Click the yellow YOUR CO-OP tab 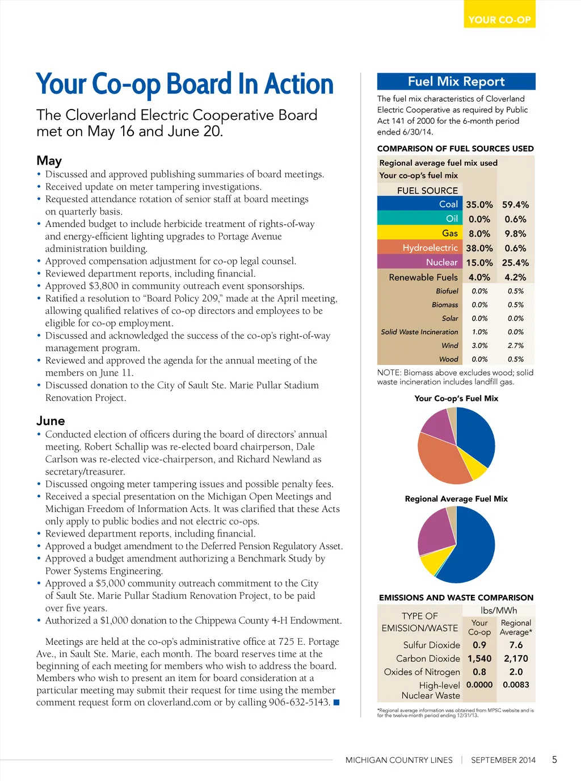(x=499, y=19)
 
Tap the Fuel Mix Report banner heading (x=456, y=81)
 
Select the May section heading (x=49, y=161)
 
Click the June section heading (x=50, y=421)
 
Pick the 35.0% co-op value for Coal (x=479, y=204)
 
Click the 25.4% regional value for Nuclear (x=515, y=262)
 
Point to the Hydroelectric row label (x=430, y=248)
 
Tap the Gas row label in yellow (x=450, y=233)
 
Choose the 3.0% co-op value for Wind (x=479, y=345)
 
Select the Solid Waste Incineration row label (x=419, y=331)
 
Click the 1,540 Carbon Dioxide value (x=479, y=658)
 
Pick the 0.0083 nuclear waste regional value (x=516, y=685)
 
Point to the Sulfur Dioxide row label (x=431, y=645)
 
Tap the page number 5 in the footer (x=554, y=759)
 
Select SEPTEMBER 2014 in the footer (x=503, y=760)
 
